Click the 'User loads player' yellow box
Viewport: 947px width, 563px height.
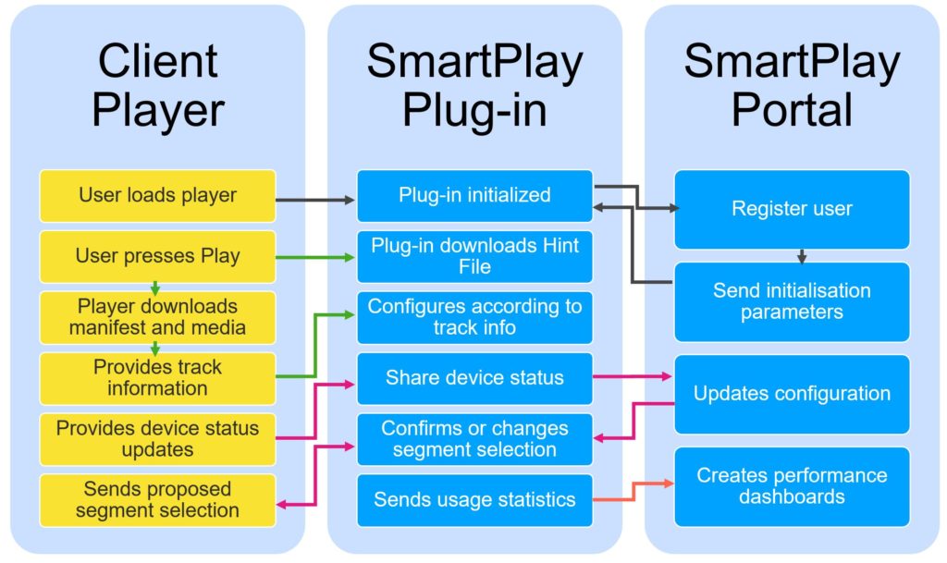click(157, 195)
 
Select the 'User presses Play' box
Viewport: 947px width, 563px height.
click(157, 256)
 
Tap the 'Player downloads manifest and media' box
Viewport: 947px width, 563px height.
click(157, 317)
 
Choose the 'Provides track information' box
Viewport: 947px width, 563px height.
click(157, 378)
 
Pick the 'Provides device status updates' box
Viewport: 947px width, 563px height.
click(157, 439)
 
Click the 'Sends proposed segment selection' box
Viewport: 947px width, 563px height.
click(157, 500)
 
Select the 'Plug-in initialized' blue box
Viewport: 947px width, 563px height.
click(474, 195)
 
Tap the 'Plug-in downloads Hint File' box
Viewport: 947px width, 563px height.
click(474, 256)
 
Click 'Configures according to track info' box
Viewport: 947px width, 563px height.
click(474, 317)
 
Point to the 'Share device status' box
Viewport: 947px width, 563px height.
click(474, 378)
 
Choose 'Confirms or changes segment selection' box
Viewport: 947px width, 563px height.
click(474, 439)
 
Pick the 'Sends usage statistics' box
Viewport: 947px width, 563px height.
click(474, 500)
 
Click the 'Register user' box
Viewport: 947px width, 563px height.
click(792, 209)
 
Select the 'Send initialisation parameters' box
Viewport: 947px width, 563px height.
click(792, 301)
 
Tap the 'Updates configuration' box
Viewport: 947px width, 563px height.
click(792, 394)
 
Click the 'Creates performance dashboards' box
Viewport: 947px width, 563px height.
click(792, 486)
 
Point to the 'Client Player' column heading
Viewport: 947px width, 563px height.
click(157, 85)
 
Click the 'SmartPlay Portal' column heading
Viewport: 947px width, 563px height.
click(792, 85)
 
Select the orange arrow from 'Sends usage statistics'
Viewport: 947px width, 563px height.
click(633, 491)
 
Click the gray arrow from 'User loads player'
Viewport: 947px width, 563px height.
click(315, 200)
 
